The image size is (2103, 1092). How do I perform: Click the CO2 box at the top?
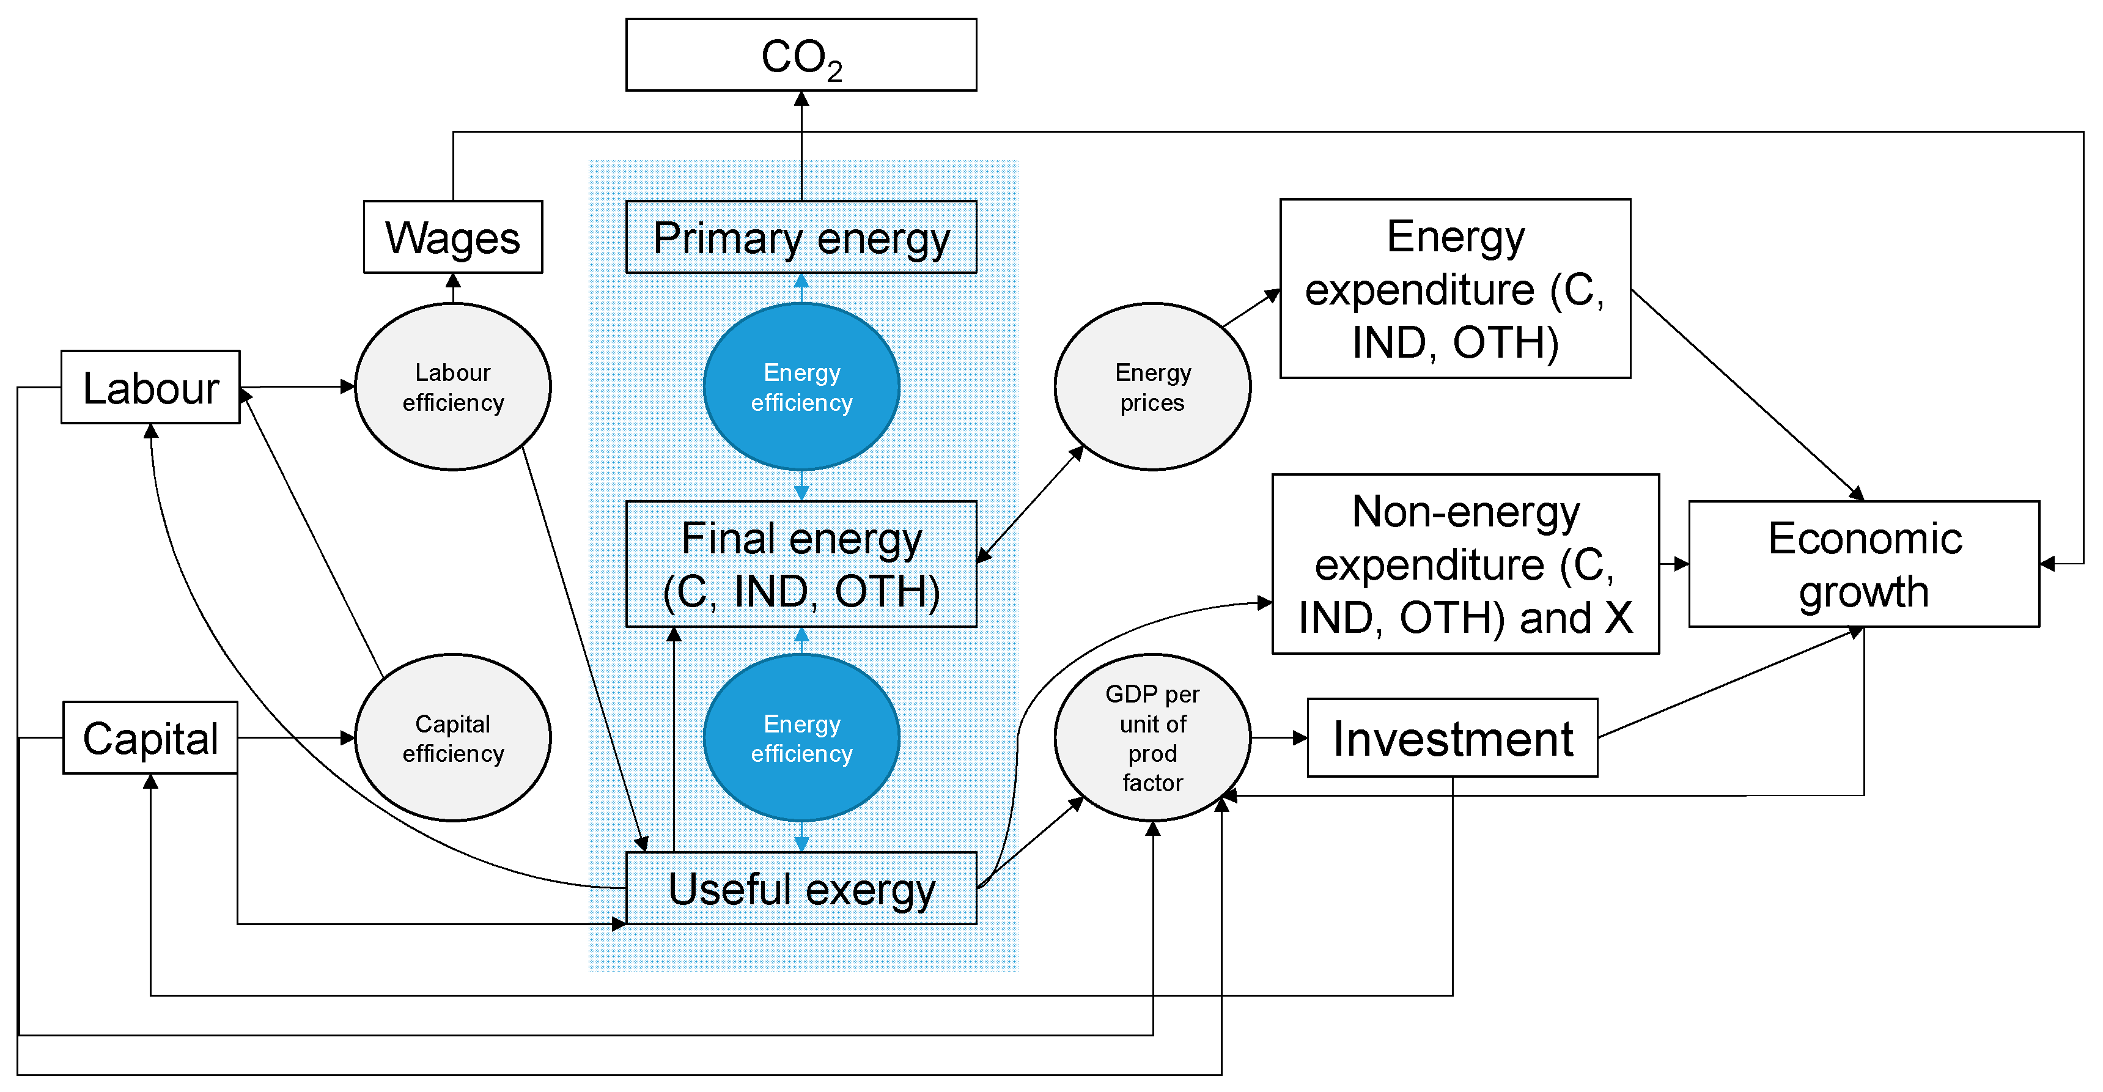pos(800,55)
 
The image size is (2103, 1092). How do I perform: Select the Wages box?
pos(452,237)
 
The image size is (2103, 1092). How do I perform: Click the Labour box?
pos(150,387)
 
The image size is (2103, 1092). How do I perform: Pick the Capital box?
pos(150,737)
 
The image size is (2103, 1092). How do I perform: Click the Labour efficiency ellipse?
pos(452,386)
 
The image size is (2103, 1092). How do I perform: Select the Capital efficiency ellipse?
pos(452,737)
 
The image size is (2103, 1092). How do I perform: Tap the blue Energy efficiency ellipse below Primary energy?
pos(800,386)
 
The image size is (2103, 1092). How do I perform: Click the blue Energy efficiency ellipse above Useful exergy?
pos(800,737)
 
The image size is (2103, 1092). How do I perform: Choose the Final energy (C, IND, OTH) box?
pos(800,564)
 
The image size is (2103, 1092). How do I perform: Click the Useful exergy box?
pos(800,888)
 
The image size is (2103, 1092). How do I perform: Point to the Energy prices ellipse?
pos(1151,386)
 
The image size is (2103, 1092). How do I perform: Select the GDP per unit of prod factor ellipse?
pos(1151,737)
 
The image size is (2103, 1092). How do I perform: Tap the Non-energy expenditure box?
pos(1465,564)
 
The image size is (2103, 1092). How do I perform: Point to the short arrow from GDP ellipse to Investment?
pos(1278,737)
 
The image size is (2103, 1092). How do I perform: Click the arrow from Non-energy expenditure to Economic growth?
pos(1674,564)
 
